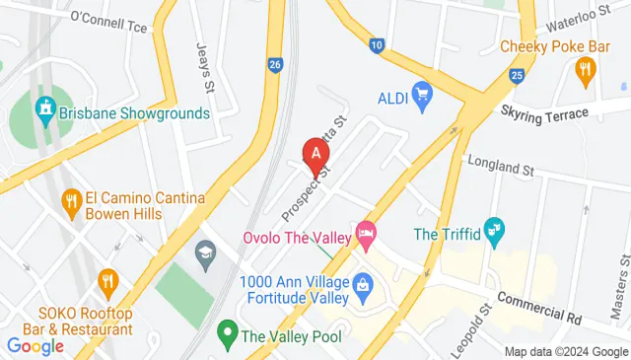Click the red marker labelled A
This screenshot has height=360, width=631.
coord(315,155)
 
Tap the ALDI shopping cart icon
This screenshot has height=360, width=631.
coord(423,96)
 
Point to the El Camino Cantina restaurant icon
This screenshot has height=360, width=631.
coord(71,202)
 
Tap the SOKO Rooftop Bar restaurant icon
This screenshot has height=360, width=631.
coord(107,281)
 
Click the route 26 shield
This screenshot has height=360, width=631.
coord(275,66)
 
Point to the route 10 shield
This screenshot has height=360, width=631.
coord(377,44)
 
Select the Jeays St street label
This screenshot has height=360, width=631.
coord(205,61)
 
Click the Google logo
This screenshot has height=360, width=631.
coord(35,345)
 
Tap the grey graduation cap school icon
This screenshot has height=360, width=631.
coord(206,252)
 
